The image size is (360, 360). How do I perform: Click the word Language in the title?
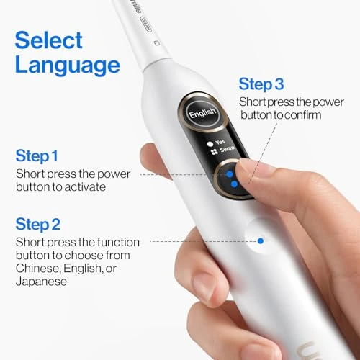tap(67, 66)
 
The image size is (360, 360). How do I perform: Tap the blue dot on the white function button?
tap(261, 240)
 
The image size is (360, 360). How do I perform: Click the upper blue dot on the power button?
tap(230, 174)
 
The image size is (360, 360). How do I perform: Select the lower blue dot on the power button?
tap(235, 185)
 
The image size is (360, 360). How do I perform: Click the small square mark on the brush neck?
tap(156, 43)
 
